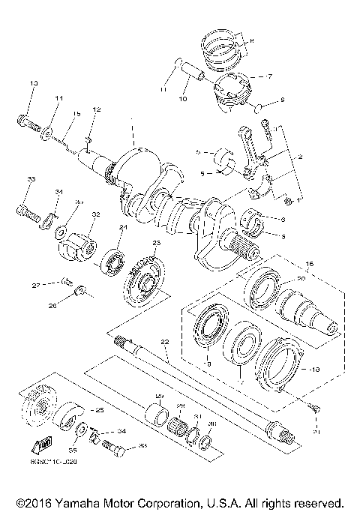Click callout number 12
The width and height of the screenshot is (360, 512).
[97, 110]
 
